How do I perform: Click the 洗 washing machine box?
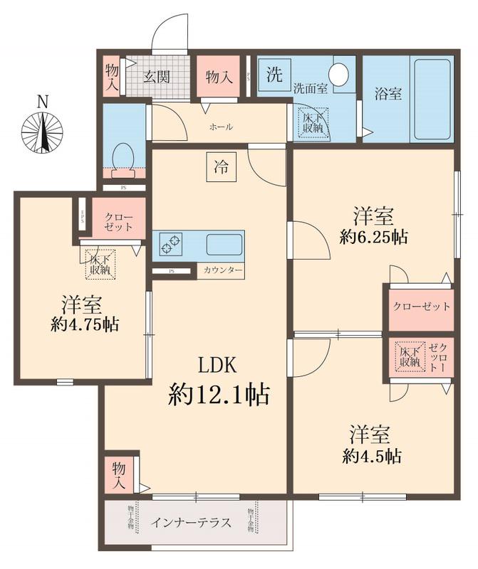(274, 73)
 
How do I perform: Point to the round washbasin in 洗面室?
(340, 74)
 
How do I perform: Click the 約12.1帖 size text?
(219, 393)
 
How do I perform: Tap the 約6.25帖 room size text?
(373, 238)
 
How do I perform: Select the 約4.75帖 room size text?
(85, 325)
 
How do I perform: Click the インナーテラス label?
(191, 523)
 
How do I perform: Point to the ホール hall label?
(221, 127)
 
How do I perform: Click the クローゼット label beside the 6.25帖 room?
(422, 307)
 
